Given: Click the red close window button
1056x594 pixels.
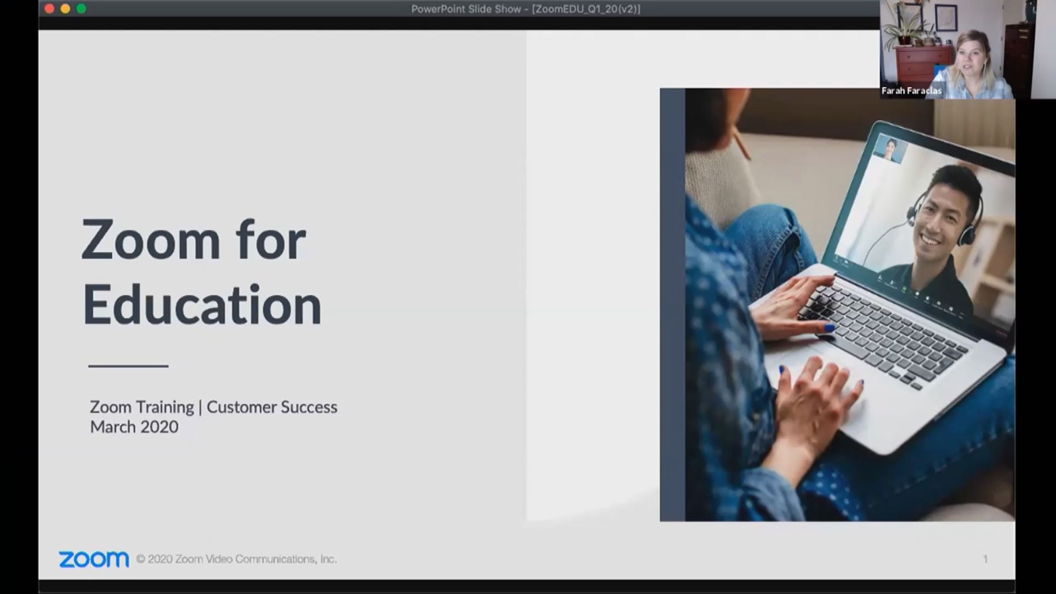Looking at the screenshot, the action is coord(49,9).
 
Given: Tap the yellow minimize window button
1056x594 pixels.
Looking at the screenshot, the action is coord(65,9).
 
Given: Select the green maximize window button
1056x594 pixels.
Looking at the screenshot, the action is coord(81,9).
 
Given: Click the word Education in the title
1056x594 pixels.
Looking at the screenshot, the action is coord(202,305).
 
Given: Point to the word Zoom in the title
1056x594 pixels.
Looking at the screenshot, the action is coord(151,240).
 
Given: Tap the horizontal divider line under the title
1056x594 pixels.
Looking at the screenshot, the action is coord(128,366).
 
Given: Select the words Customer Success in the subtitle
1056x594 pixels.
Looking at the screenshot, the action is coord(272,407).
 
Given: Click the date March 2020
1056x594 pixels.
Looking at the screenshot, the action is coord(134,427).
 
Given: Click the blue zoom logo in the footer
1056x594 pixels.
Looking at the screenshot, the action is coord(94,559).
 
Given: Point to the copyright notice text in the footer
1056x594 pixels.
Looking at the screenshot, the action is coord(237,559).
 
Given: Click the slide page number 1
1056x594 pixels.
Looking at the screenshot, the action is coord(985,559).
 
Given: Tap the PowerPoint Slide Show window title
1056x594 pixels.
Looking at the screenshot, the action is coord(526,9).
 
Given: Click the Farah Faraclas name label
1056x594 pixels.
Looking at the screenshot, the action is coord(911,91).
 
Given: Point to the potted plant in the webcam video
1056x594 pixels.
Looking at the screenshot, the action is coord(910,25).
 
